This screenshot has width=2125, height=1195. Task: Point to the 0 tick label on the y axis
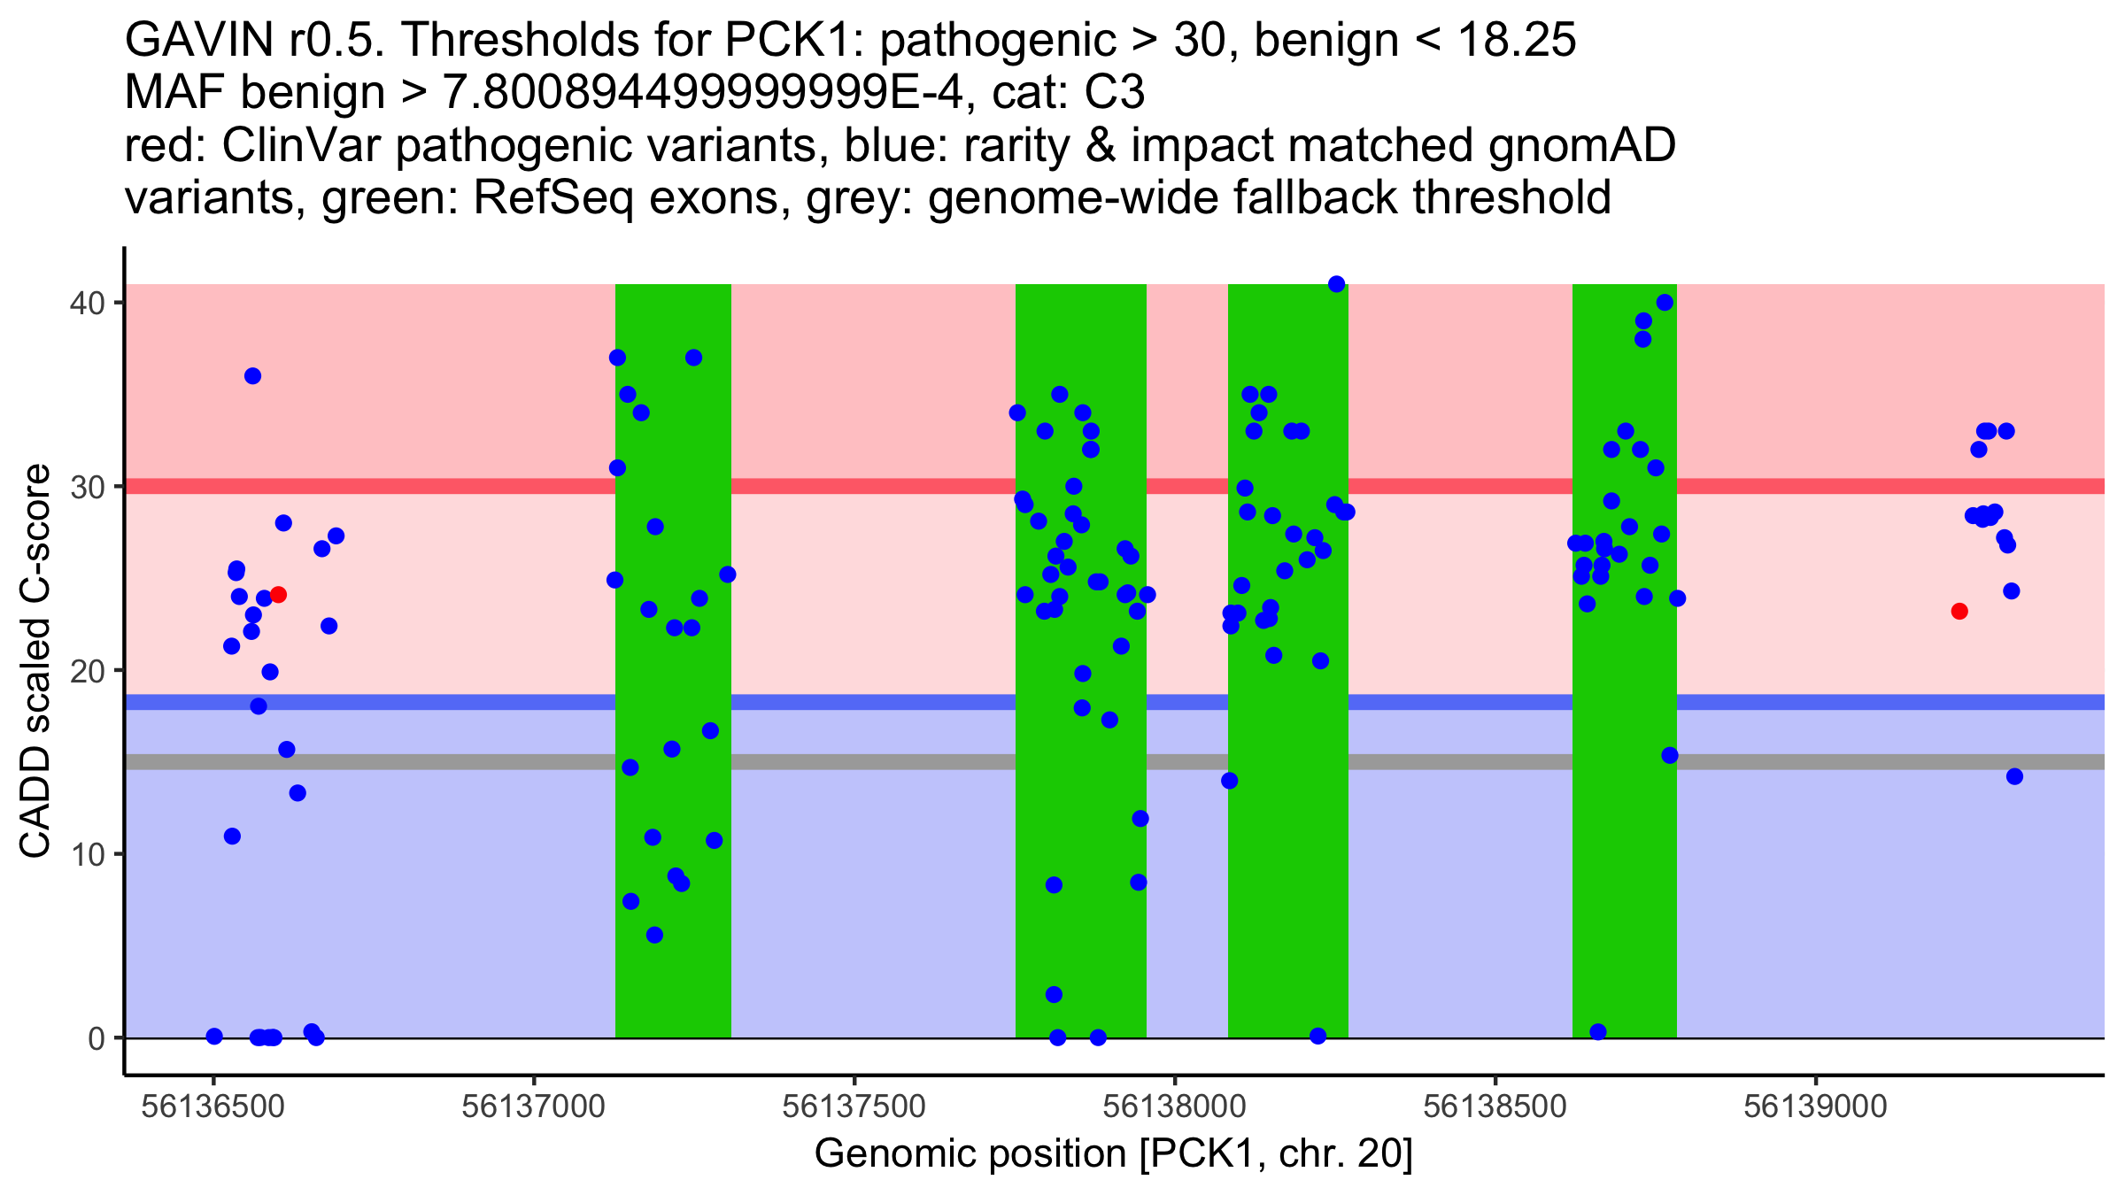click(96, 1038)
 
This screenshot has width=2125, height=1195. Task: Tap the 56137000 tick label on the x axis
click(534, 1107)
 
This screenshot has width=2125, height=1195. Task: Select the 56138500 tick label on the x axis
click(1495, 1107)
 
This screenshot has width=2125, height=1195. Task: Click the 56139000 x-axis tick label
click(1816, 1107)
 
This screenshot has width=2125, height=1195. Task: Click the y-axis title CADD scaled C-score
click(35, 661)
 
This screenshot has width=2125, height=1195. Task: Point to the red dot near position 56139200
click(1959, 612)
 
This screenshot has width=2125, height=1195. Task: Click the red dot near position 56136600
click(278, 595)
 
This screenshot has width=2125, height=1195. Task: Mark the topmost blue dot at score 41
click(1337, 284)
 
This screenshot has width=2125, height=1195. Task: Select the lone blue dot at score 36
click(252, 376)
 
